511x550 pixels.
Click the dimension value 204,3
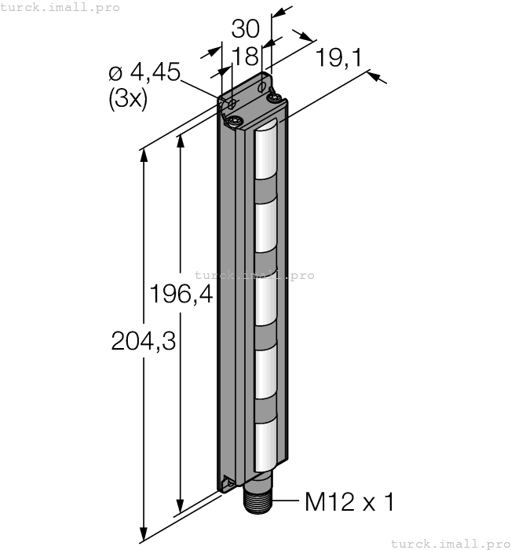(x=144, y=341)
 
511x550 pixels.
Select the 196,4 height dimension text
(x=181, y=294)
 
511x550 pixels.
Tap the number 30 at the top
(x=246, y=29)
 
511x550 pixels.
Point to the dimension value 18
(x=246, y=56)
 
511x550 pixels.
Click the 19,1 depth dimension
(x=338, y=57)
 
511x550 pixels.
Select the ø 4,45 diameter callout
(x=144, y=72)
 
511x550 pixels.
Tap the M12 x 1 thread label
(x=350, y=502)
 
